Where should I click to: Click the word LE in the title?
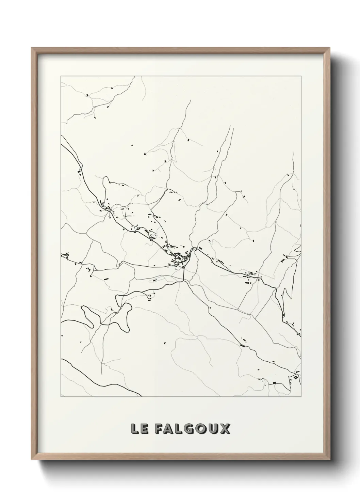[139, 429]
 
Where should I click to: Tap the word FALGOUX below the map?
[192, 429]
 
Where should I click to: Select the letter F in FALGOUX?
[159, 429]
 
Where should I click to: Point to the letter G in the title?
[192, 429]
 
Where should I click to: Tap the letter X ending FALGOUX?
[226, 429]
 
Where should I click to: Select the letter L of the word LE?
[135, 429]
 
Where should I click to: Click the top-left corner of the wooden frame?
[32, 48]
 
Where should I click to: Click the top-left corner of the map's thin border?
[61, 76]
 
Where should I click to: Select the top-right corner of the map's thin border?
[301, 76]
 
